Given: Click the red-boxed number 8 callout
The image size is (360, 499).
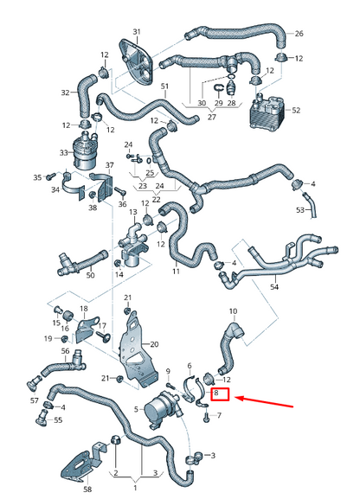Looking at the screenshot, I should pos(221,394).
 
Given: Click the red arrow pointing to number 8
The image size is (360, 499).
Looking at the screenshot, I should pos(265,399).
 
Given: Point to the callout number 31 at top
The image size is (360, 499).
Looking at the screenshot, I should pos(136,32).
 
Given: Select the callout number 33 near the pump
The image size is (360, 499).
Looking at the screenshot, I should pos(63,152).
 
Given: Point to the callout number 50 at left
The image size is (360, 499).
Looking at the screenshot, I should pos(89,275).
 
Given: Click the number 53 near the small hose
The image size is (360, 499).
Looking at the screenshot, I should pos(301,210).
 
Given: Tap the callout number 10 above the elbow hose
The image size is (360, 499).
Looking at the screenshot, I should pos(232,310).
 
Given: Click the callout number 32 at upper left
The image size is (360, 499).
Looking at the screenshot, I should pos(65,93).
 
